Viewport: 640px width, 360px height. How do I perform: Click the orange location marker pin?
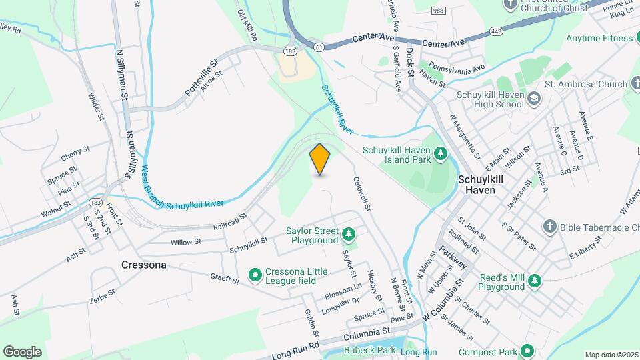tap(320, 159)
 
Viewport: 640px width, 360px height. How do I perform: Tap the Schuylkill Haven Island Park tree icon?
tap(440, 155)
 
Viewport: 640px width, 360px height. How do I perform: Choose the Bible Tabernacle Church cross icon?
tap(549, 227)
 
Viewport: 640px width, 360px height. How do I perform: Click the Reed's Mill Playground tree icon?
tap(534, 282)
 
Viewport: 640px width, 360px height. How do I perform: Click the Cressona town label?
tap(143, 265)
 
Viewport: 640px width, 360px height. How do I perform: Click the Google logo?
tap(22, 352)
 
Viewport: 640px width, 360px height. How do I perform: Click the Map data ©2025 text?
tap(611, 355)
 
